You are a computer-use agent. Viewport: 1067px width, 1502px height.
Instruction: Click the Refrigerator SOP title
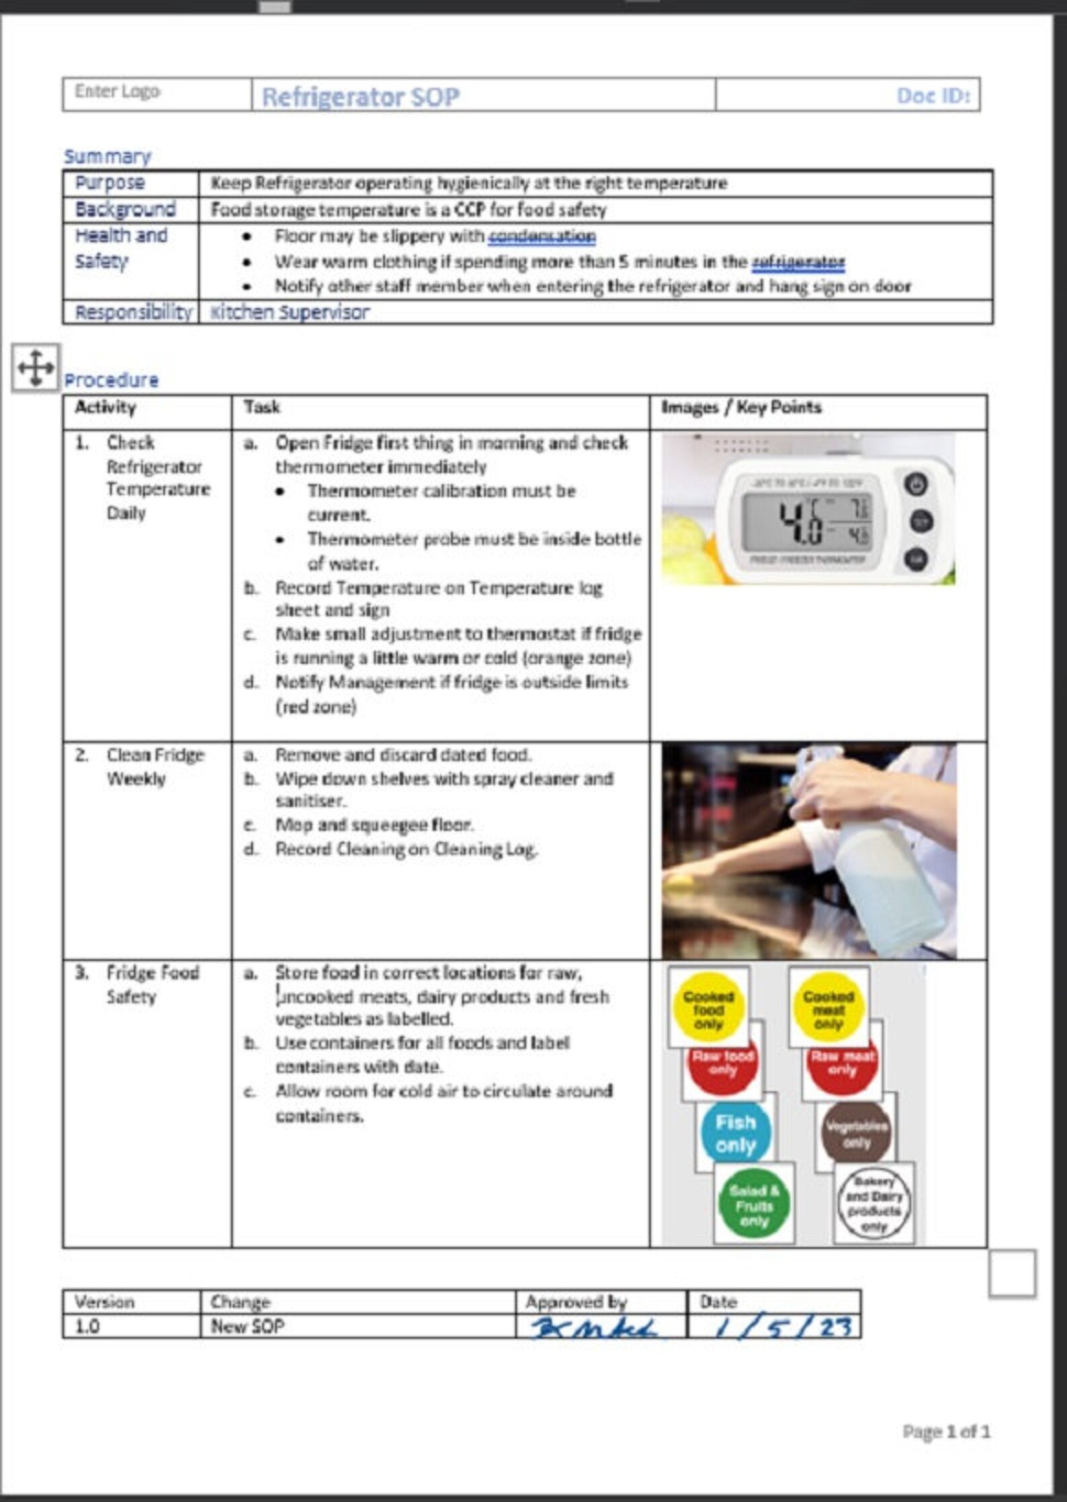(x=360, y=97)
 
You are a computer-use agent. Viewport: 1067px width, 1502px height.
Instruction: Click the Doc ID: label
(x=933, y=95)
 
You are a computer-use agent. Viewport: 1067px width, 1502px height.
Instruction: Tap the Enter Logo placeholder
(x=118, y=91)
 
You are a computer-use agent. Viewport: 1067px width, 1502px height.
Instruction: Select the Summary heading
(x=108, y=157)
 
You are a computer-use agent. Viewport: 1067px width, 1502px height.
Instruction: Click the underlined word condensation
(x=542, y=236)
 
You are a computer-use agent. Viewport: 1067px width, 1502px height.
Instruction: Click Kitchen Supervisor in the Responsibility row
(x=290, y=312)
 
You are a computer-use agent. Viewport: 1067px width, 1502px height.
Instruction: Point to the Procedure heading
(x=112, y=380)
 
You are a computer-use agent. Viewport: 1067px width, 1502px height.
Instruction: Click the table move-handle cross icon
(x=36, y=368)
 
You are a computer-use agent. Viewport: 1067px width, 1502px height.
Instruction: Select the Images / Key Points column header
(x=741, y=407)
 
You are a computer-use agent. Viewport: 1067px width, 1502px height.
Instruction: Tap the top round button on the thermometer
(x=915, y=485)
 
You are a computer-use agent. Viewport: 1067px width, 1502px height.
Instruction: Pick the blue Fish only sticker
(x=735, y=1134)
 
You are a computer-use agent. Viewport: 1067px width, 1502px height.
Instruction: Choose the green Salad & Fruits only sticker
(x=754, y=1206)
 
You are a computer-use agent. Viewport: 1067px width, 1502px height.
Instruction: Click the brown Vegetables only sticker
(x=856, y=1134)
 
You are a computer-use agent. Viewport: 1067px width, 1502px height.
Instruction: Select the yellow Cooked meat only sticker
(x=828, y=1008)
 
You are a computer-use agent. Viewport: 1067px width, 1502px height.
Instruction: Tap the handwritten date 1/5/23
(x=783, y=1327)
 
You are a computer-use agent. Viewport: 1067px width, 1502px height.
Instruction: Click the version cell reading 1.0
(x=87, y=1327)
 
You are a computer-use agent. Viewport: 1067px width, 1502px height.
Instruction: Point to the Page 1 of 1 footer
(x=945, y=1432)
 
